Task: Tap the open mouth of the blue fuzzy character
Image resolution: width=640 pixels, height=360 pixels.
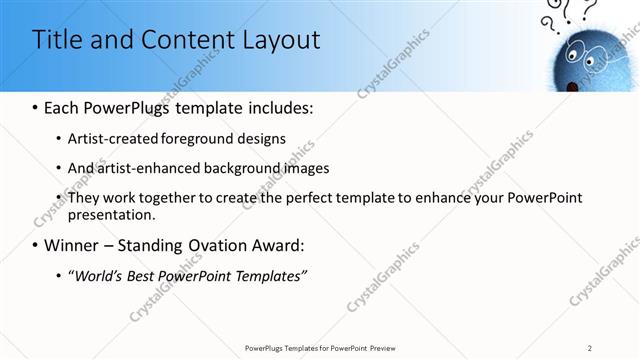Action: pos(573,86)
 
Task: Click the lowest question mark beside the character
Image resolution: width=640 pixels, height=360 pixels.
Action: pos(549,24)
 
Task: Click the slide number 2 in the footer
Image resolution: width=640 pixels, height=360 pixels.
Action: pos(590,348)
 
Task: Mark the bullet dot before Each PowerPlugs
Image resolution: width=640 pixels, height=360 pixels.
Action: pos(36,107)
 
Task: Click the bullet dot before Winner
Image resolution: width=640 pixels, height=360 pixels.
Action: pos(36,246)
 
